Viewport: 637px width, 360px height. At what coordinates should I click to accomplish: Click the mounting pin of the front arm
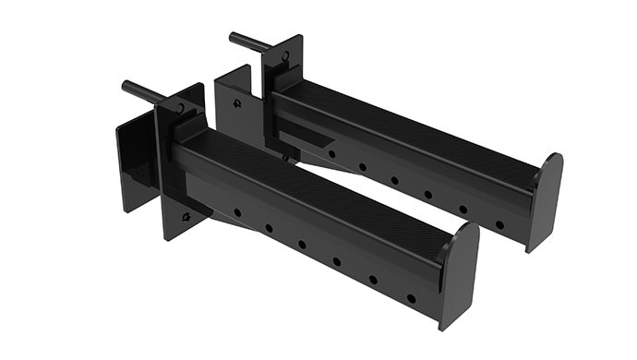146,93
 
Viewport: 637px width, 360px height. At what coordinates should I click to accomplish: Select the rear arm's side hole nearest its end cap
499,223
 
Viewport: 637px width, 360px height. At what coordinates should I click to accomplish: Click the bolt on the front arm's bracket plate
186,218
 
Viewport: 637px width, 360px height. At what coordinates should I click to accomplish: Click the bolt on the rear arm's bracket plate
238,103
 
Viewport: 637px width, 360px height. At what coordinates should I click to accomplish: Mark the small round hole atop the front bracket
180,108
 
